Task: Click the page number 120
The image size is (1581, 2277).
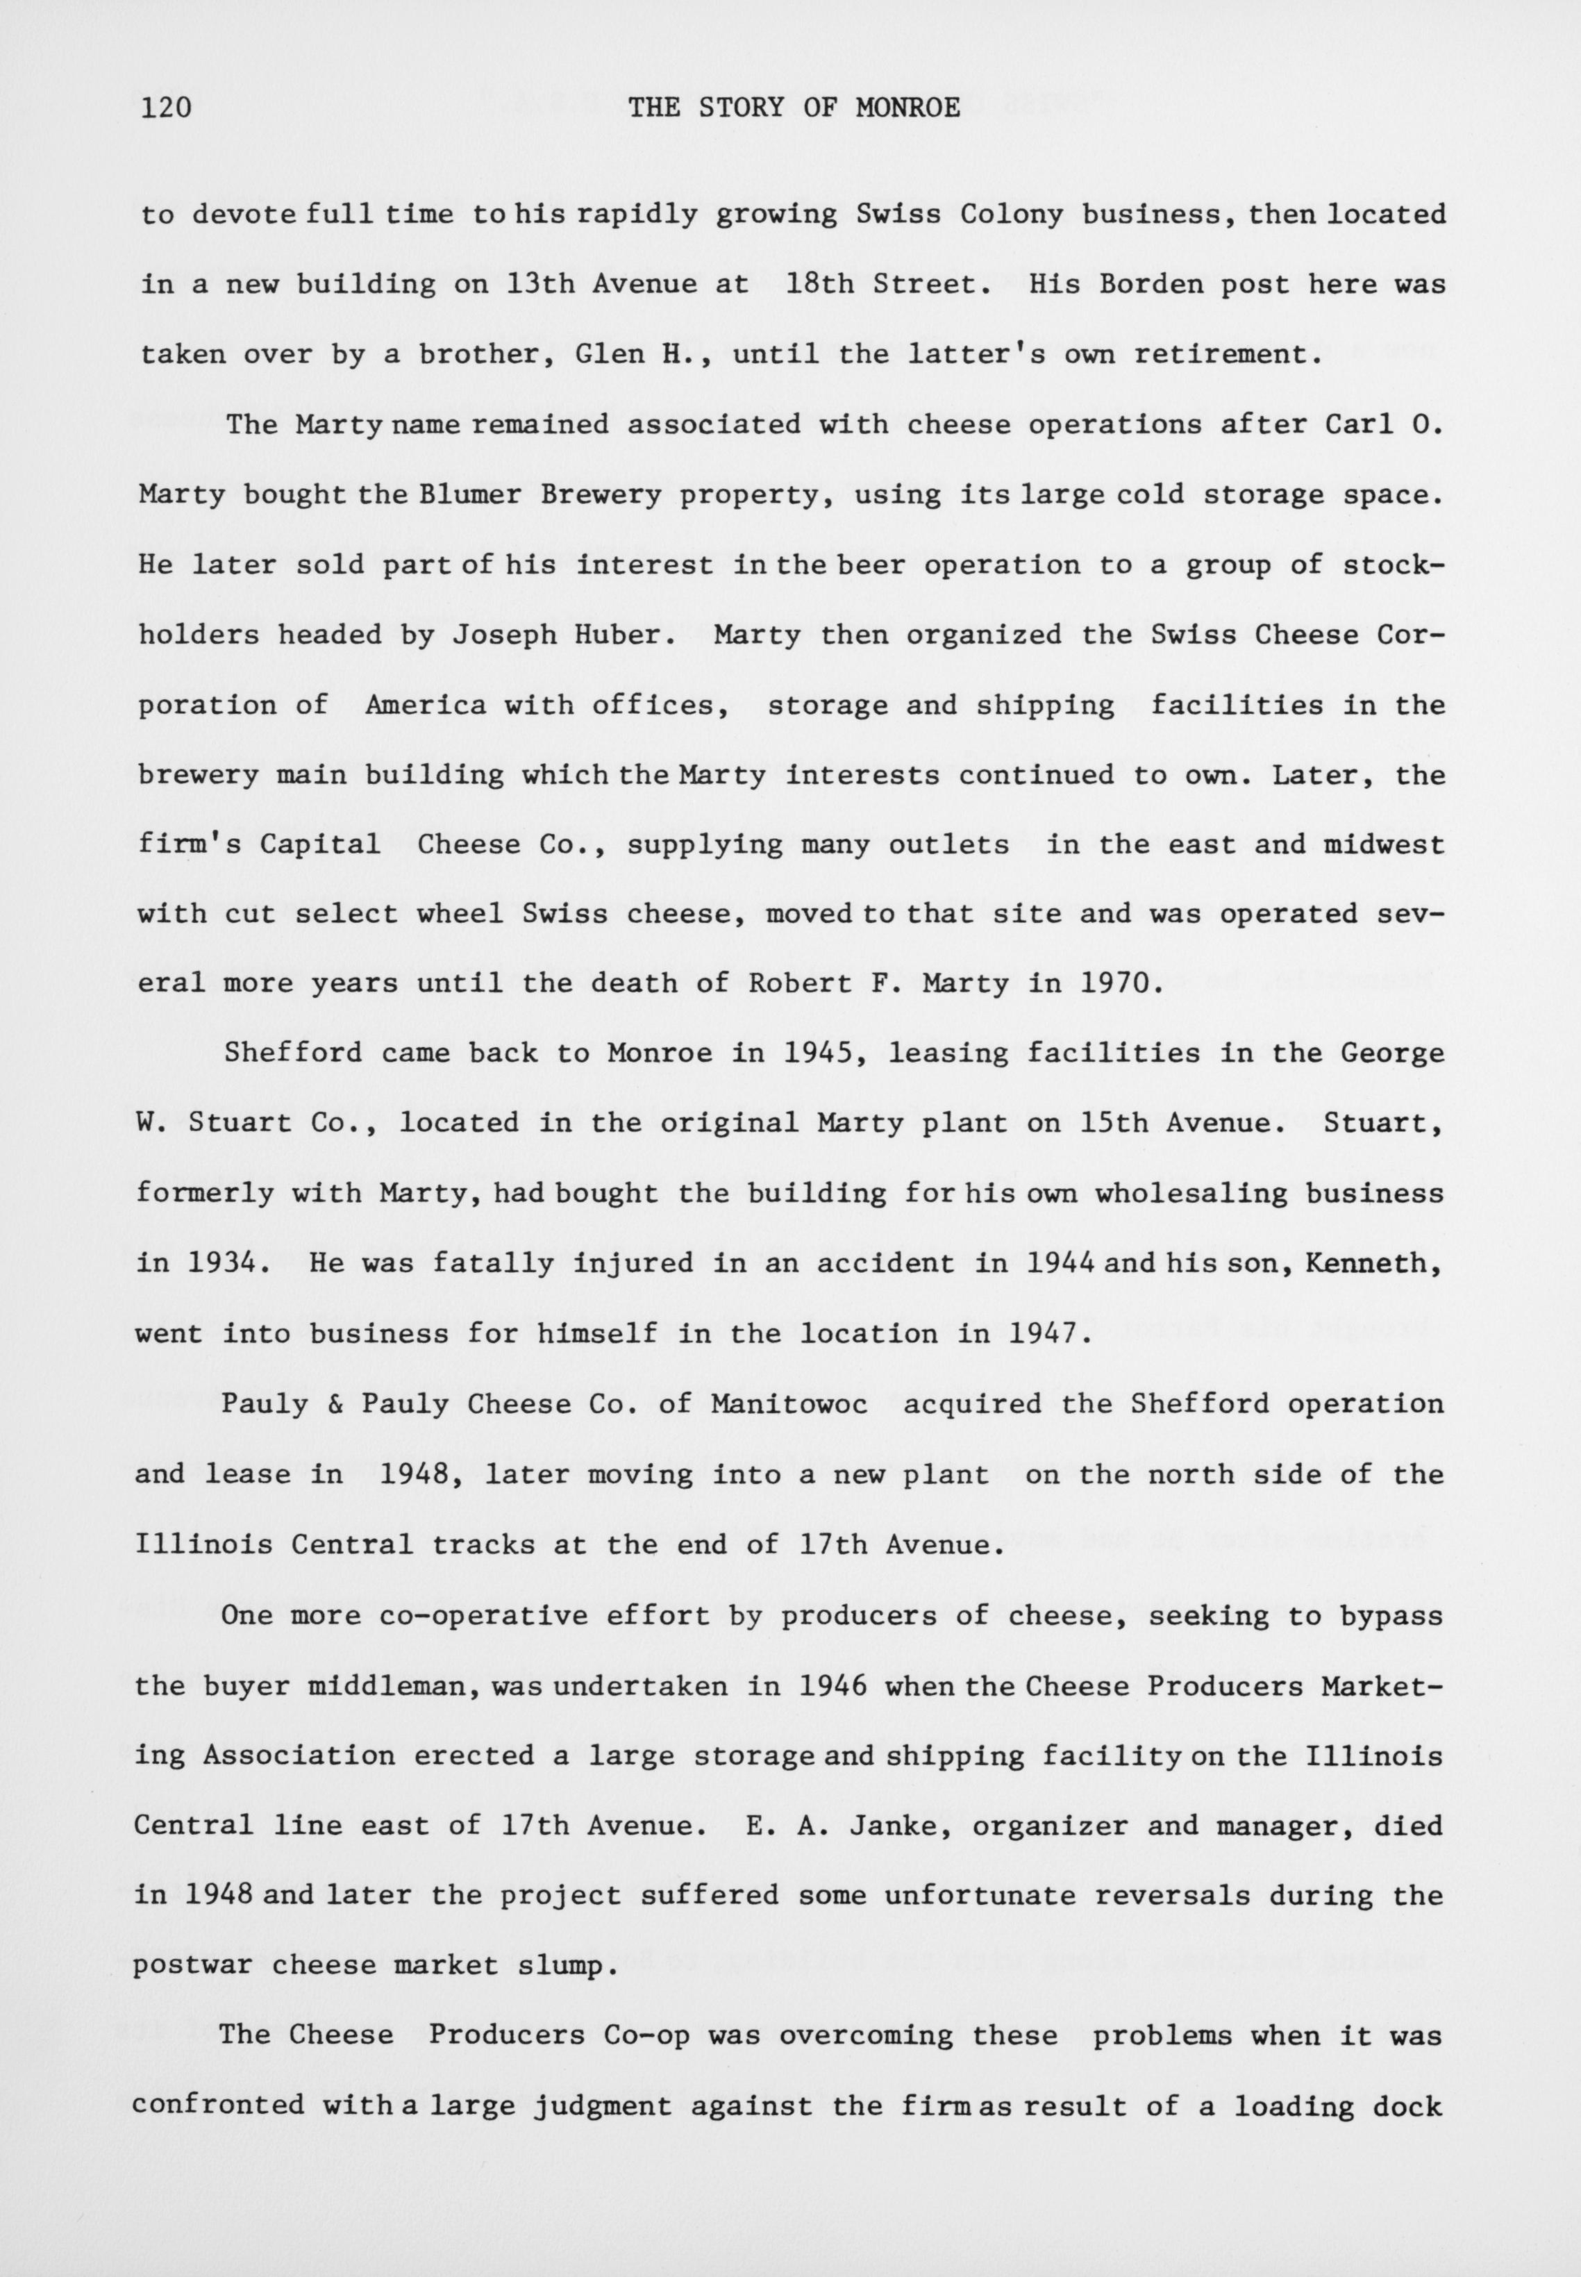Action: [x=167, y=107]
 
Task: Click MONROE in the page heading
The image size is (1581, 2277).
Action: [x=907, y=107]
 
